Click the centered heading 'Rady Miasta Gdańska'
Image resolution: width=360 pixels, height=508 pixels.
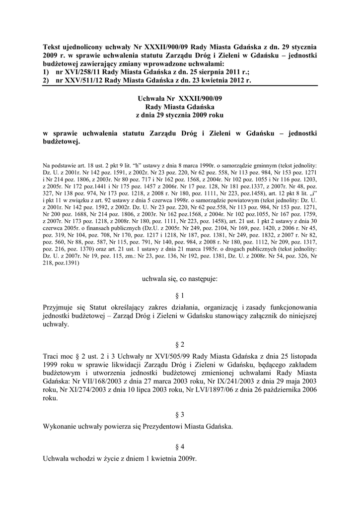click(x=180, y=107)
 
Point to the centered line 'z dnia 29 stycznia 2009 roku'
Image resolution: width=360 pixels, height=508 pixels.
click(x=180, y=116)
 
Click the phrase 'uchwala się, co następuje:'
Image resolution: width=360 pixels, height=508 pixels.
click(x=180, y=279)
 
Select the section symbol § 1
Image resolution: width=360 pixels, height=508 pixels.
click(x=180, y=295)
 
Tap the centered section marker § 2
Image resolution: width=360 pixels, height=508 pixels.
click(x=180, y=344)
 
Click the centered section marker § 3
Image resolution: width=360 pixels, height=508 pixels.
click(x=180, y=413)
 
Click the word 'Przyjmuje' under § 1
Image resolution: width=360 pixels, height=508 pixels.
click(x=60, y=307)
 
